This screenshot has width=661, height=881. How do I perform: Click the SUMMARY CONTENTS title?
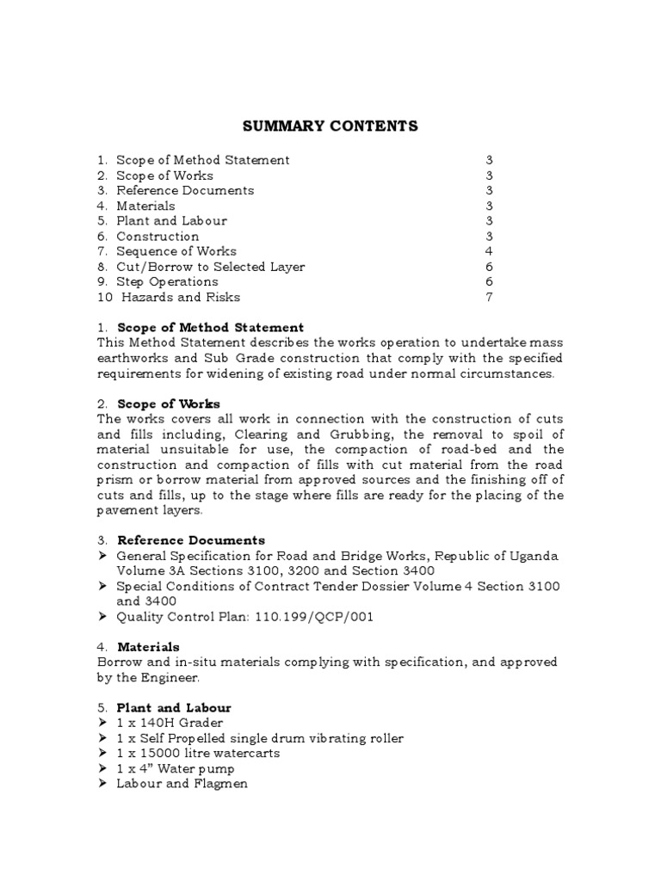click(330, 126)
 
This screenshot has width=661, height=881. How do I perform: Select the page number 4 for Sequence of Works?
click(489, 251)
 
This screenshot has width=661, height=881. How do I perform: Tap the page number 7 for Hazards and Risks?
click(489, 298)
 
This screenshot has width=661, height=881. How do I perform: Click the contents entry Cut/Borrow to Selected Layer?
click(211, 267)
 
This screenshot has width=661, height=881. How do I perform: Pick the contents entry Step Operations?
click(167, 282)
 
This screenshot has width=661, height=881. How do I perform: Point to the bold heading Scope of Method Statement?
click(210, 328)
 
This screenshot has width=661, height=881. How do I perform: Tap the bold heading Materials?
click(148, 647)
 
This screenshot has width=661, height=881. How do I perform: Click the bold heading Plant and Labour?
click(174, 708)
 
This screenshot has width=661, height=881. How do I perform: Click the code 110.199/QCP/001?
click(323, 617)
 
